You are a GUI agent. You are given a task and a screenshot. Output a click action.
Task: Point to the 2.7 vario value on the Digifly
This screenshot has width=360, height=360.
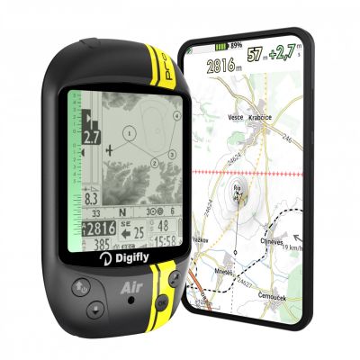point(90,139)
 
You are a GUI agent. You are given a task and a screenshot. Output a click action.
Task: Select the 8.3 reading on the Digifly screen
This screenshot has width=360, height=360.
point(91,197)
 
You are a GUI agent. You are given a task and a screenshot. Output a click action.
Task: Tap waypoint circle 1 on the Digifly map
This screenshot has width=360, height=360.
point(128,133)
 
